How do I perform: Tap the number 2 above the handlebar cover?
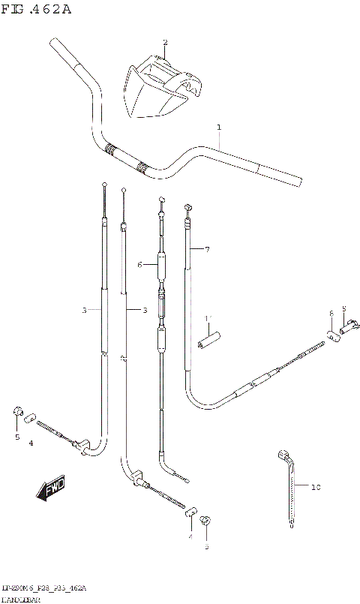165,42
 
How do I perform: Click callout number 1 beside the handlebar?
219,128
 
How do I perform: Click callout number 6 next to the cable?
139,265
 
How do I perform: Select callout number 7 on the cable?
207,249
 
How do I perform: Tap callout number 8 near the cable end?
330,313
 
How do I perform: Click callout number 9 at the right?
343,308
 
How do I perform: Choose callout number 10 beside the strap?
315,488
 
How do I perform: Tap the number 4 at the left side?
31,444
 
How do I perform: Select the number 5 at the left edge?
16,436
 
